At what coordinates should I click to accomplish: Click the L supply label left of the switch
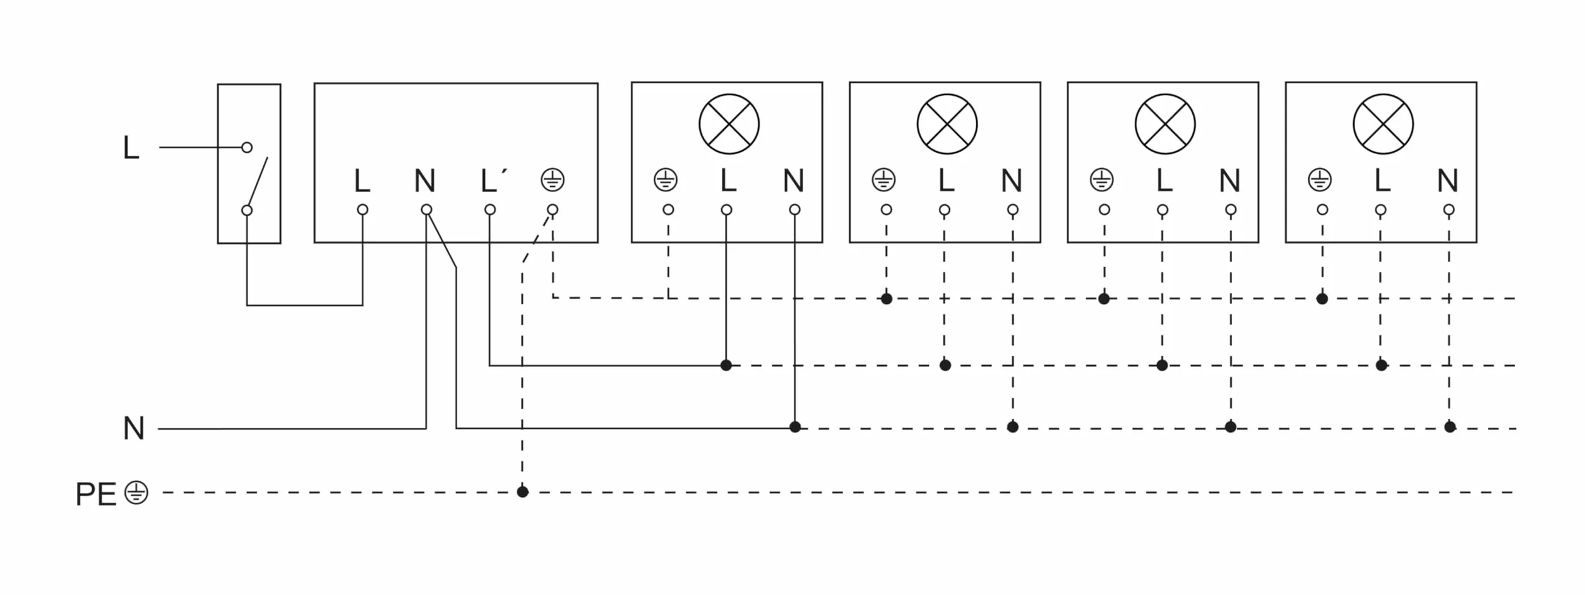click(x=131, y=148)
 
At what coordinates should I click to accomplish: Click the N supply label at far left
click(x=134, y=428)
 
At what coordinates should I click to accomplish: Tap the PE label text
click(x=96, y=494)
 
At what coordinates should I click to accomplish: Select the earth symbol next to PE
click(x=136, y=493)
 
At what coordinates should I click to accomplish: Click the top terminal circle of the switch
click(x=247, y=148)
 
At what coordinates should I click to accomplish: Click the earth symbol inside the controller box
click(x=553, y=180)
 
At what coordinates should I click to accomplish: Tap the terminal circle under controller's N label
click(x=426, y=210)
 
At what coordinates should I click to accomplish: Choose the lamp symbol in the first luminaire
click(x=729, y=124)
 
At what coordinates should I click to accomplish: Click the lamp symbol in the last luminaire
click(x=1383, y=124)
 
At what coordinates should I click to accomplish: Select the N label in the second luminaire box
click(x=1012, y=181)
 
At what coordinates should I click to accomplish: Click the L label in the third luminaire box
click(x=1164, y=181)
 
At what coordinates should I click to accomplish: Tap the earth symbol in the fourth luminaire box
click(x=1320, y=180)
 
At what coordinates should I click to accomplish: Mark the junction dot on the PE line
click(x=522, y=492)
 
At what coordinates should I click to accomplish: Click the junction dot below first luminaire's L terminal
click(x=726, y=365)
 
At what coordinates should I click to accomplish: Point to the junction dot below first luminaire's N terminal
click(x=795, y=428)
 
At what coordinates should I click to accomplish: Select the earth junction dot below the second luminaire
click(x=887, y=299)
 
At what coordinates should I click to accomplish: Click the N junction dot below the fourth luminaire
click(x=1450, y=428)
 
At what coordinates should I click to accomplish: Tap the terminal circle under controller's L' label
click(x=490, y=210)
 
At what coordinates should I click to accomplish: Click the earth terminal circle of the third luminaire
click(x=1104, y=210)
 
